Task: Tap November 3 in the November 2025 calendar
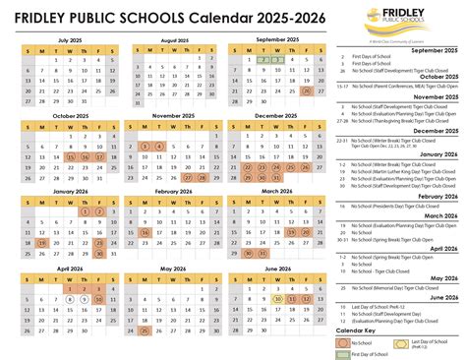pos(146,147)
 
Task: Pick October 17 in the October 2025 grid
pos(99,156)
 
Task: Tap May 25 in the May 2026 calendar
pos(146,330)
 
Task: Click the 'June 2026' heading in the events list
pos(433,295)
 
